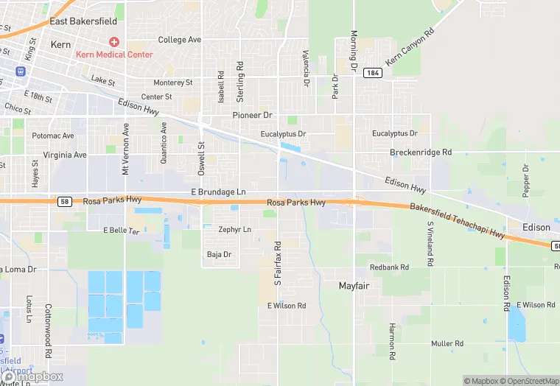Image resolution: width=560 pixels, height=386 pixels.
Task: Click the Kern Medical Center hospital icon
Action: pyautogui.click(x=113, y=41)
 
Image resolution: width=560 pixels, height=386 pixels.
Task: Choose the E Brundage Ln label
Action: pyautogui.click(x=218, y=192)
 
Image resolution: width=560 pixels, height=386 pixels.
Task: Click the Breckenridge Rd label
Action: pyautogui.click(x=420, y=152)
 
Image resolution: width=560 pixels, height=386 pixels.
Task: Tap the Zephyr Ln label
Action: pyautogui.click(x=234, y=230)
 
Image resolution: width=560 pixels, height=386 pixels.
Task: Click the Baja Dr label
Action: pyautogui.click(x=220, y=254)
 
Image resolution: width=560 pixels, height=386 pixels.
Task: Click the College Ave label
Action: pyautogui.click(x=179, y=39)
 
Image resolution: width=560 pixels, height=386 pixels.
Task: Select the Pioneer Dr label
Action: pyautogui.click(x=252, y=116)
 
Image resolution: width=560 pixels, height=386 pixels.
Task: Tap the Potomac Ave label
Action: pyautogui.click(x=53, y=136)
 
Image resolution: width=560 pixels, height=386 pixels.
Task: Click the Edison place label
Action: pyautogui.click(x=536, y=228)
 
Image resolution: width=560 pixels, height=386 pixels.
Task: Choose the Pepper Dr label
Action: pyautogui.click(x=526, y=180)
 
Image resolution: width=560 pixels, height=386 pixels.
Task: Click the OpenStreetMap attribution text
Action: pyautogui.click(x=528, y=381)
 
